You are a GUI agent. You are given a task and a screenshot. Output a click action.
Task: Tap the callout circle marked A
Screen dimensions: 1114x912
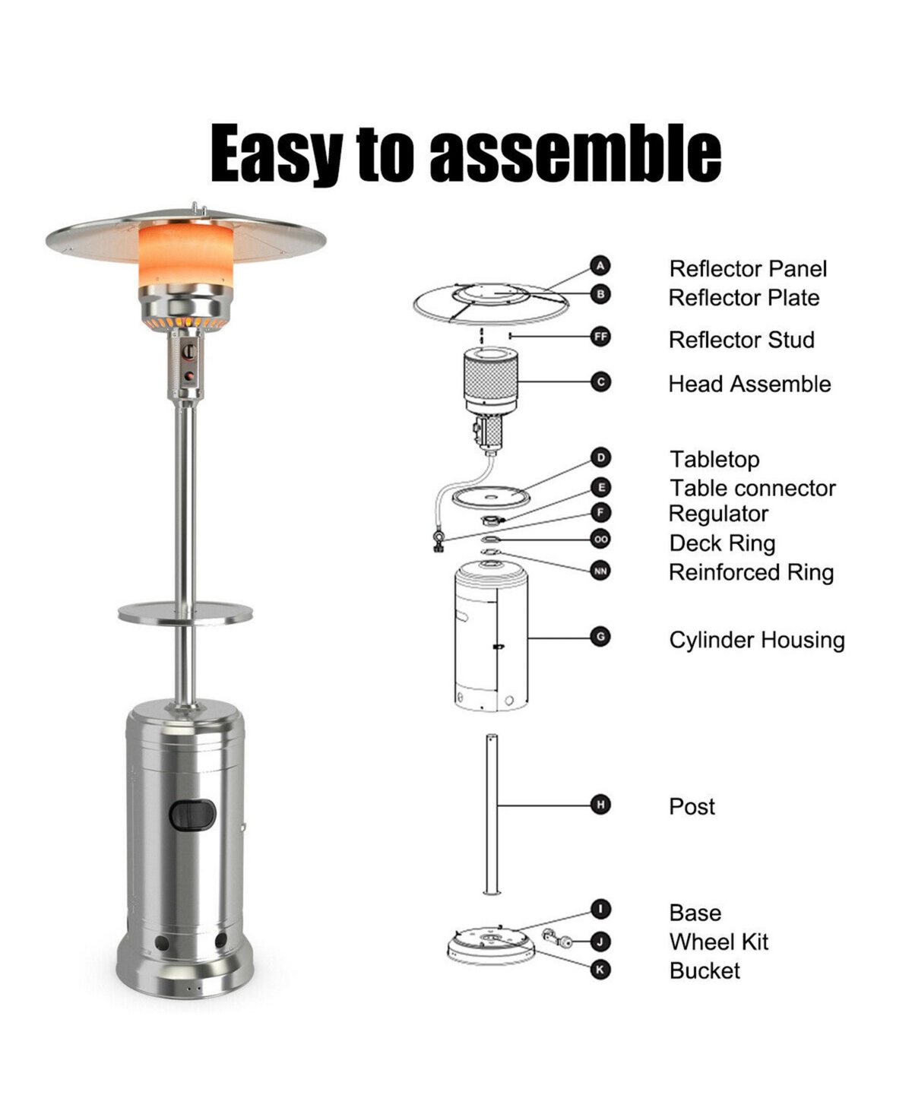(x=600, y=266)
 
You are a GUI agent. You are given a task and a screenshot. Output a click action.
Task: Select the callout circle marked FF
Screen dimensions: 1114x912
(x=600, y=336)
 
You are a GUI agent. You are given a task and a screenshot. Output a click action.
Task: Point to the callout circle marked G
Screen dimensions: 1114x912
(x=600, y=637)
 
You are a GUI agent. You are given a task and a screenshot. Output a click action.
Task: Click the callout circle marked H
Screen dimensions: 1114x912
(x=600, y=805)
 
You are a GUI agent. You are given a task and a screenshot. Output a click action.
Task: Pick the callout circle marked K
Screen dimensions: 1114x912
(x=600, y=970)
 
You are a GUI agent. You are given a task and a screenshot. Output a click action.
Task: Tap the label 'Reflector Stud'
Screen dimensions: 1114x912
(x=741, y=340)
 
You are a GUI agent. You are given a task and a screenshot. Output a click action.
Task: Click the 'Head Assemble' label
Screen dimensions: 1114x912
(x=749, y=384)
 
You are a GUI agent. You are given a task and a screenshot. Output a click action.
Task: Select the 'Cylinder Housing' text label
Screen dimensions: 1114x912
(x=756, y=640)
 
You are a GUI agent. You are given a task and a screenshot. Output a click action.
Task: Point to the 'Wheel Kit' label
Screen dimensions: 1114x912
(x=718, y=942)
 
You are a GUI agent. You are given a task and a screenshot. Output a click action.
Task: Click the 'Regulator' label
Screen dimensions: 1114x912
(x=718, y=514)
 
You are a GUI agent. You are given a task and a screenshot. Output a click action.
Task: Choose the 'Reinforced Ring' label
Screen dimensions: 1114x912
(x=751, y=572)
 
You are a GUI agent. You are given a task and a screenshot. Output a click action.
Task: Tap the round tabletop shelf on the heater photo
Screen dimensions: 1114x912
(x=185, y=612)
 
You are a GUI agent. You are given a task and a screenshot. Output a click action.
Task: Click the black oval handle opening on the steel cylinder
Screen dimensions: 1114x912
(x=192, y=815)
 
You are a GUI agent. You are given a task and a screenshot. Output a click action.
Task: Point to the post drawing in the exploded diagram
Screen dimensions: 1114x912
(x=491, y=813)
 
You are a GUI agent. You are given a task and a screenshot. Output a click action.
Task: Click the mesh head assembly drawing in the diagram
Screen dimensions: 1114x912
(x=490, y=380)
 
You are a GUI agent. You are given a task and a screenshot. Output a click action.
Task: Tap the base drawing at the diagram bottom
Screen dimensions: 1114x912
(x=491, y=945)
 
